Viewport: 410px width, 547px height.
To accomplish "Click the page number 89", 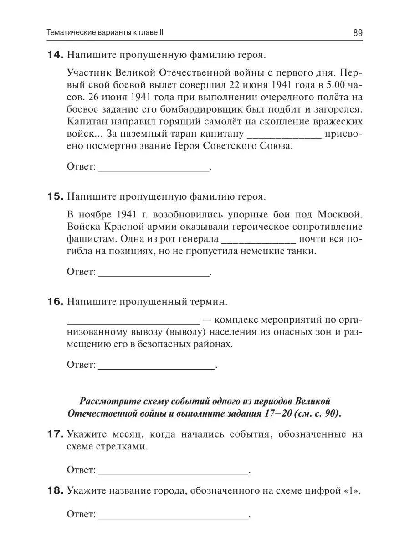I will pyautogui.click(x=357, y=33).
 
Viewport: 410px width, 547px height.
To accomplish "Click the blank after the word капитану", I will pyautogui.click(x=284, y=135).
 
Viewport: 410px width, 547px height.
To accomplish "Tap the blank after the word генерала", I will pyautogui.click(x=258, y=240).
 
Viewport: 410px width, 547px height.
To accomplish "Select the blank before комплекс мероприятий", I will pyautogui.click(x=133, y=320).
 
